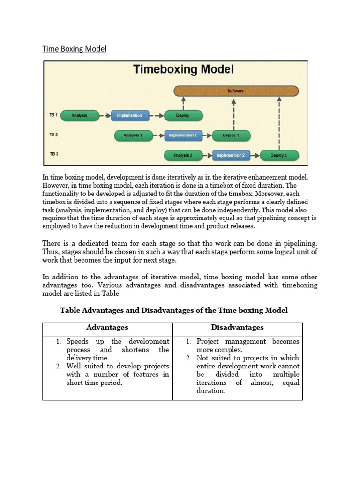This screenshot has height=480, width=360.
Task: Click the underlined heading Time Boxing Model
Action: [x=75, y=49]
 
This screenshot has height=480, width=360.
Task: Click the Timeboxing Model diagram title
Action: [x=183, y=70]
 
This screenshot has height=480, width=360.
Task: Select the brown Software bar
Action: [x=236, y=90]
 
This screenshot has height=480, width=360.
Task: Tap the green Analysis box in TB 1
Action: [x=79, y=115]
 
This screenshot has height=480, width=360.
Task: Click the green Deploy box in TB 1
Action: [x=183, y=115]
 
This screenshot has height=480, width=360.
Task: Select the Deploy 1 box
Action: [x=231, y=135]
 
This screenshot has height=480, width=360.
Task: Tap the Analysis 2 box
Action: [x=181, y=155]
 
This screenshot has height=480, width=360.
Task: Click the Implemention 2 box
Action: [x=231, y=155]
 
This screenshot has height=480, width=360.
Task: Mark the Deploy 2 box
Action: [x=278, y=155]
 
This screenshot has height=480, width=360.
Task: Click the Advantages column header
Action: [x=107, y=328]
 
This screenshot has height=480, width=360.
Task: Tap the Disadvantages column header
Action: [x=237, y=328]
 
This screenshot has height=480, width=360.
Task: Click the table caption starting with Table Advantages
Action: [x=174, y=310]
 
